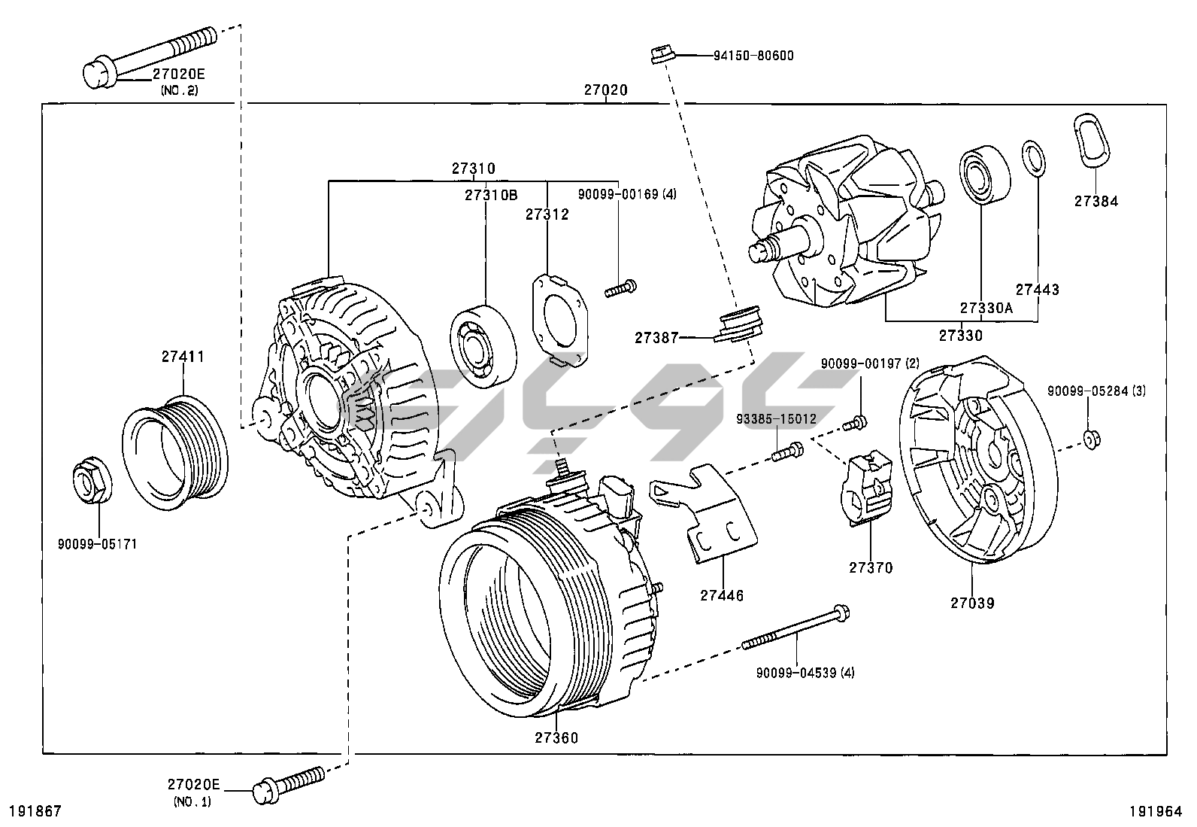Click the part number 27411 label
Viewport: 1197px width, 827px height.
(183, 357)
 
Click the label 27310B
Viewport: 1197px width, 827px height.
(491, 196)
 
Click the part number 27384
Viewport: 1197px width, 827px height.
(1095, 201)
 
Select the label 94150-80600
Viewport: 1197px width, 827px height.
(753, 56)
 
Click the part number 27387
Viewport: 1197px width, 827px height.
(656, 338)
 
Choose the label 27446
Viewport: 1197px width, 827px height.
(722, 595)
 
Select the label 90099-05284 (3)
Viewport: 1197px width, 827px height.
(1097, 391)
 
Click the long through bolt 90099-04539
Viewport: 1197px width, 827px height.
(797, 630)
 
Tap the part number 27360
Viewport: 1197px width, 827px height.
(556, 737)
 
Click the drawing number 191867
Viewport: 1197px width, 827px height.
(34, 811)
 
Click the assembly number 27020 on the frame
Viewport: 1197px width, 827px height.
(606, 90)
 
